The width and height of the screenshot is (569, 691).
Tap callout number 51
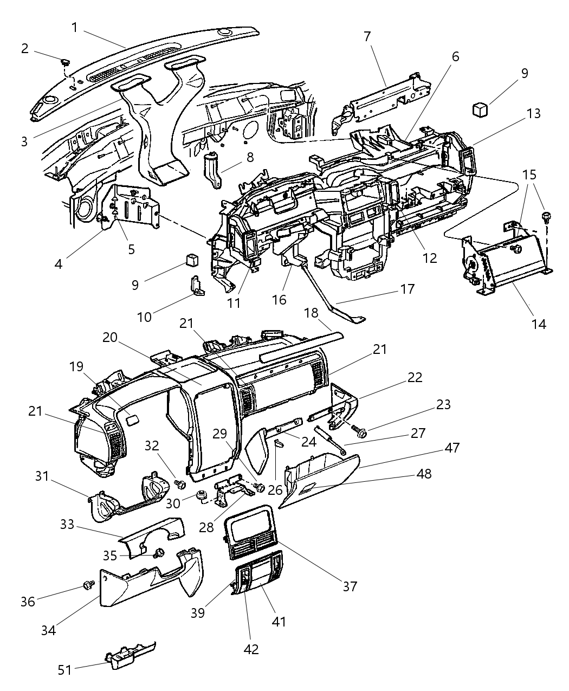coord(65,670)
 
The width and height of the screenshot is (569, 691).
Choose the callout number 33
coord(67,525)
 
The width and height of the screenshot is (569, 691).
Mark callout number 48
coord(424,474)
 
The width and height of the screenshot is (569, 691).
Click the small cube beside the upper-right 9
coord(480,109)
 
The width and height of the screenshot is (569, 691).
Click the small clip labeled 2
coord(65,63)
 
